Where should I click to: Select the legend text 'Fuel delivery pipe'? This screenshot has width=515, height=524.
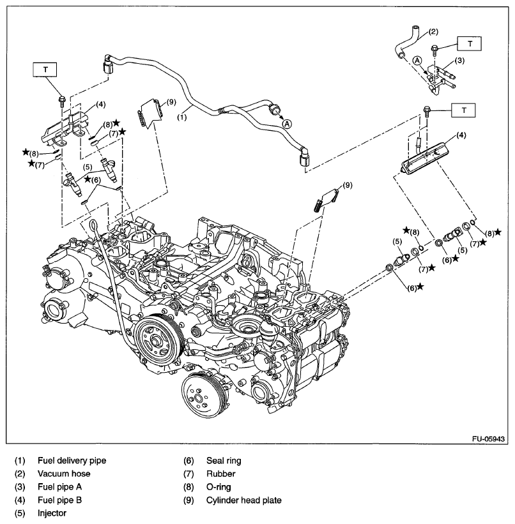[72, 460]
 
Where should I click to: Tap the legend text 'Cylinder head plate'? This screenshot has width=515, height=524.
[243, 500]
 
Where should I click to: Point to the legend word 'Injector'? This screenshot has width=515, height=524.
[52, 513]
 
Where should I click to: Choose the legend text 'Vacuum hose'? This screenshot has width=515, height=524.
[63, 474]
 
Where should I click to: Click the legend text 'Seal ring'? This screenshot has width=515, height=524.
[224, 460]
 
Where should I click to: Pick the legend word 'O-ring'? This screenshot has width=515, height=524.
[219, 487]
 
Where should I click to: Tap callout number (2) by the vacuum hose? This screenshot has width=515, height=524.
[433, 31]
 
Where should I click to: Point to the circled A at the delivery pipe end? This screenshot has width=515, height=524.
[287, 124]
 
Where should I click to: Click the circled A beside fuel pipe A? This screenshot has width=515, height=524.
[417, 60]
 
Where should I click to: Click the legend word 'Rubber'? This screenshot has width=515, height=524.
[220, 474]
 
